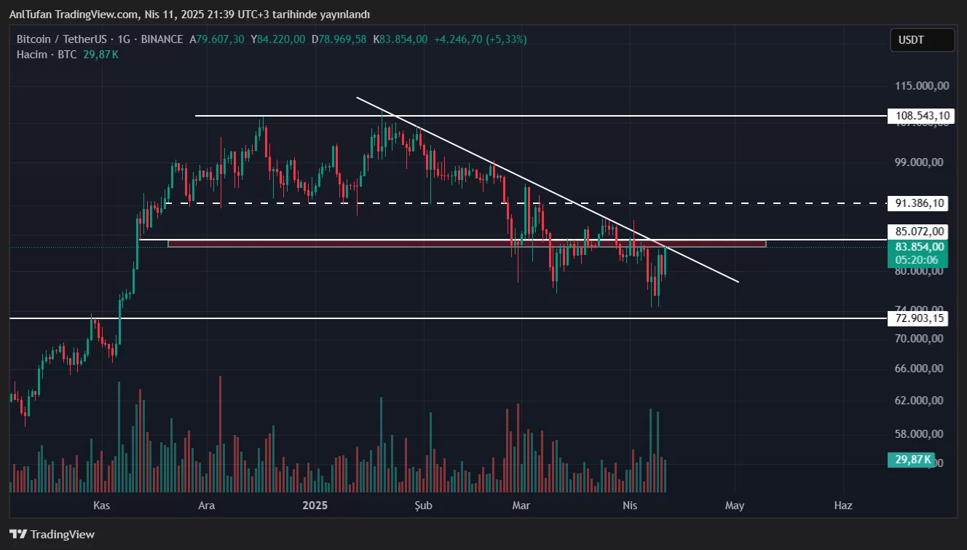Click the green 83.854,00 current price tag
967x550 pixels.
[x=920, y=247]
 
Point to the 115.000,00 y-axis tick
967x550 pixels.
[x=922, y=86]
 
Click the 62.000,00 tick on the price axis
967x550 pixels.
[x=919, y=401]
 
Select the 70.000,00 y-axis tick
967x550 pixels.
[x=919, y=339]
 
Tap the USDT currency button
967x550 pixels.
[x=921, y=40]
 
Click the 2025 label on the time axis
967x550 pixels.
[x=315, y=505]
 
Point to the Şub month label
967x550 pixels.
[x=424, y=505]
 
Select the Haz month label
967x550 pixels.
[x=843, y=505]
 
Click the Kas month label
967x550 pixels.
[x=102, y=505]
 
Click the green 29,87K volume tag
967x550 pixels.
[x=910, y=460]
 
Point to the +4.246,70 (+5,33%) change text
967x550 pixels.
[x=481, y=39]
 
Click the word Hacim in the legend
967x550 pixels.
[x=32, y=55]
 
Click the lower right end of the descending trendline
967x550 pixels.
[x=738, y=282]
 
